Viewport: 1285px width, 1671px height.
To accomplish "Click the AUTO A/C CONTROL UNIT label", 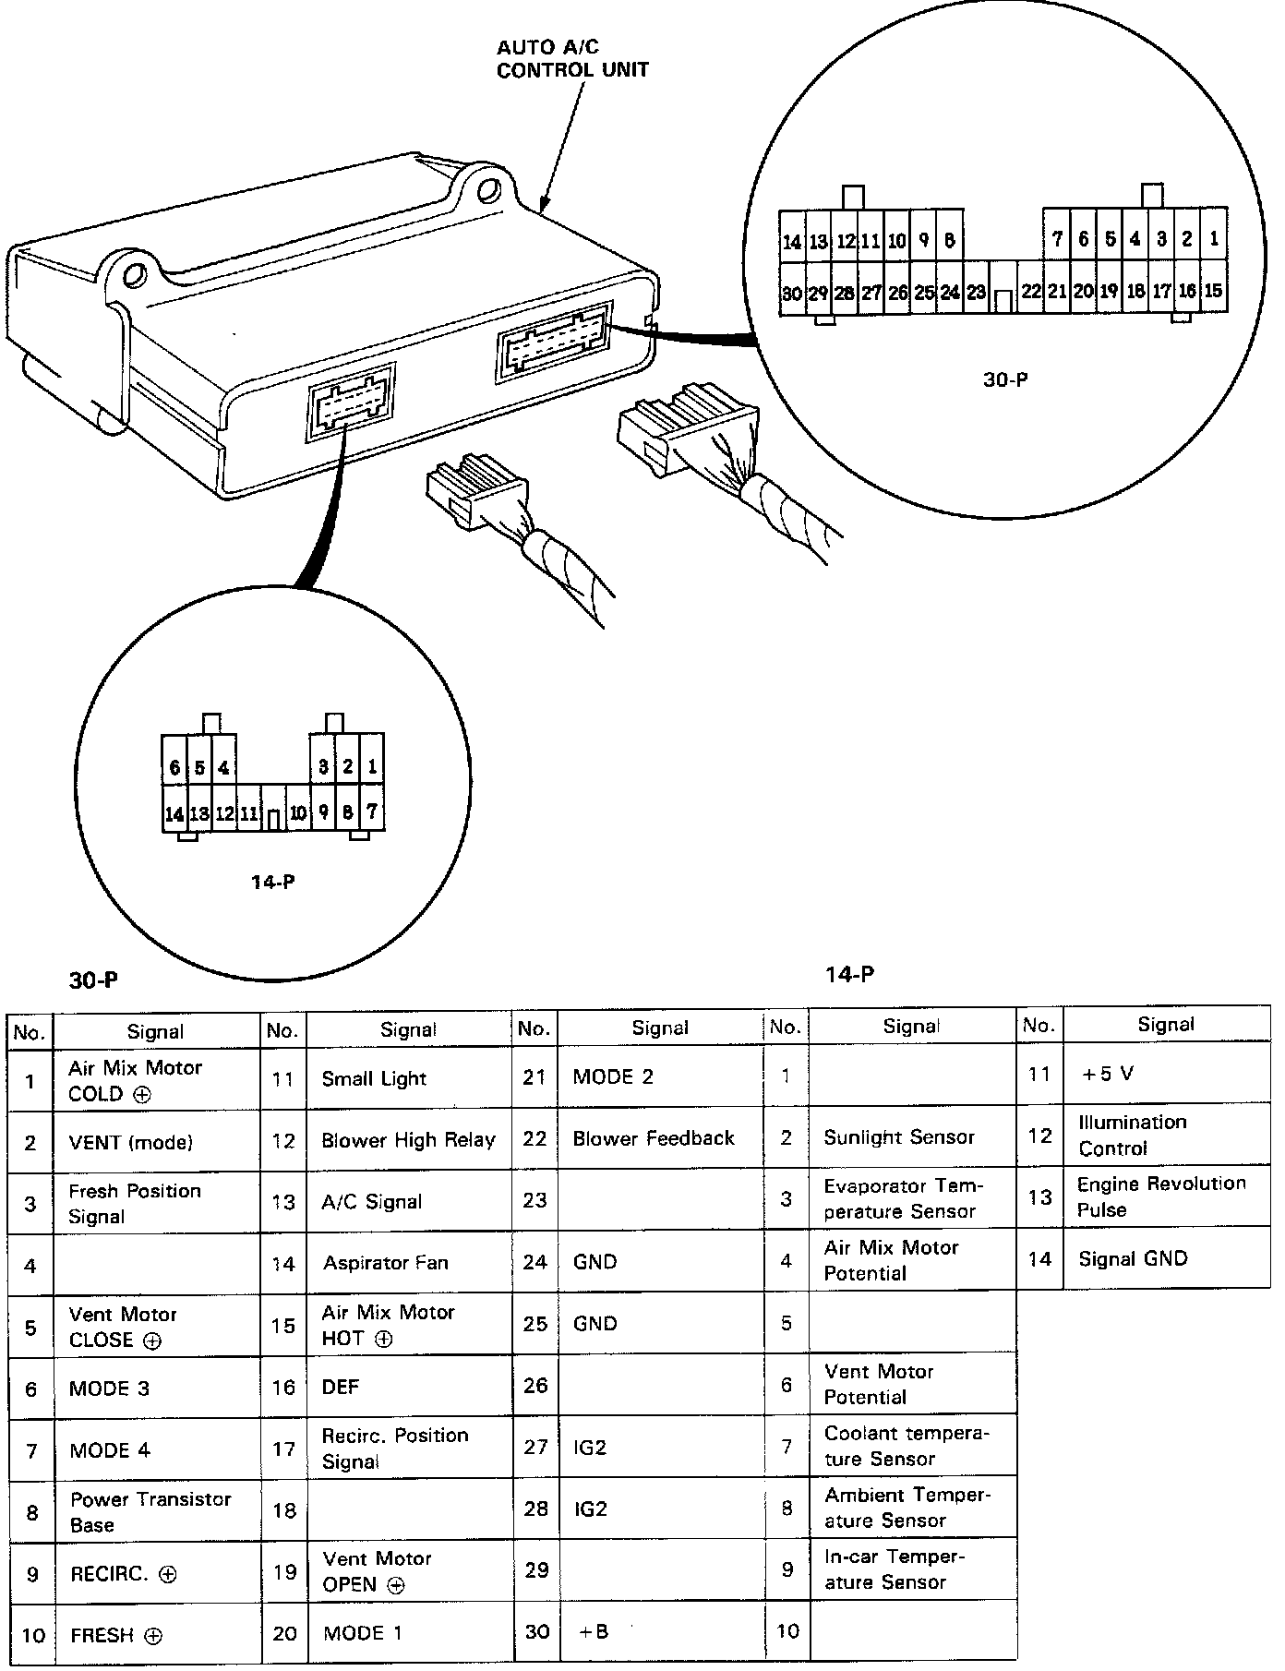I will click(572, 58).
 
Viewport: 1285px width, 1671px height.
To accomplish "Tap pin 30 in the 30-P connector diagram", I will click(791, 293).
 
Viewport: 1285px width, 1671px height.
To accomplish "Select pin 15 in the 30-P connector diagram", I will click(1213, 291).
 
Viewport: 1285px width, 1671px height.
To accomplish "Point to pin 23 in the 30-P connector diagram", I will click(976, 293).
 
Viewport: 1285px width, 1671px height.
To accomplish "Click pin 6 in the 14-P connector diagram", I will click(174, 767).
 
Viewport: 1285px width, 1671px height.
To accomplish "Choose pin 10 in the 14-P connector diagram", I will click(298, 813).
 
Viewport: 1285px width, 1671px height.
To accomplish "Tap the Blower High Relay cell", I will click(408, 1140).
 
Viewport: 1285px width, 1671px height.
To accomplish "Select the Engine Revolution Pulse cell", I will click(1160, 1196).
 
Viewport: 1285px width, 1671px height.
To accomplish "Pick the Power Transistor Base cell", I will click(150, 1511).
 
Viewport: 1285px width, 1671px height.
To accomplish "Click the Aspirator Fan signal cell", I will click(386, 1262).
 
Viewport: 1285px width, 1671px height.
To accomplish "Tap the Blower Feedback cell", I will click(654, 1138).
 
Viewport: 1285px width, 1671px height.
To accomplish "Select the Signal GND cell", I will click(1133, 1258).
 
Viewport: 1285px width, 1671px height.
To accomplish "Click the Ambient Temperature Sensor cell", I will click(907, 1507).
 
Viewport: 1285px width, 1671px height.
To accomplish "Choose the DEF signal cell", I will click(342, 1387).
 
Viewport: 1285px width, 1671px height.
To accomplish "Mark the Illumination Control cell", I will click(1132, 1135).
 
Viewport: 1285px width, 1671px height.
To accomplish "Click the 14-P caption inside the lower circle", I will click(272, 882).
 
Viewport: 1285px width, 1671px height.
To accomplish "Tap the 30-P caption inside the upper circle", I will click(1004, 379).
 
